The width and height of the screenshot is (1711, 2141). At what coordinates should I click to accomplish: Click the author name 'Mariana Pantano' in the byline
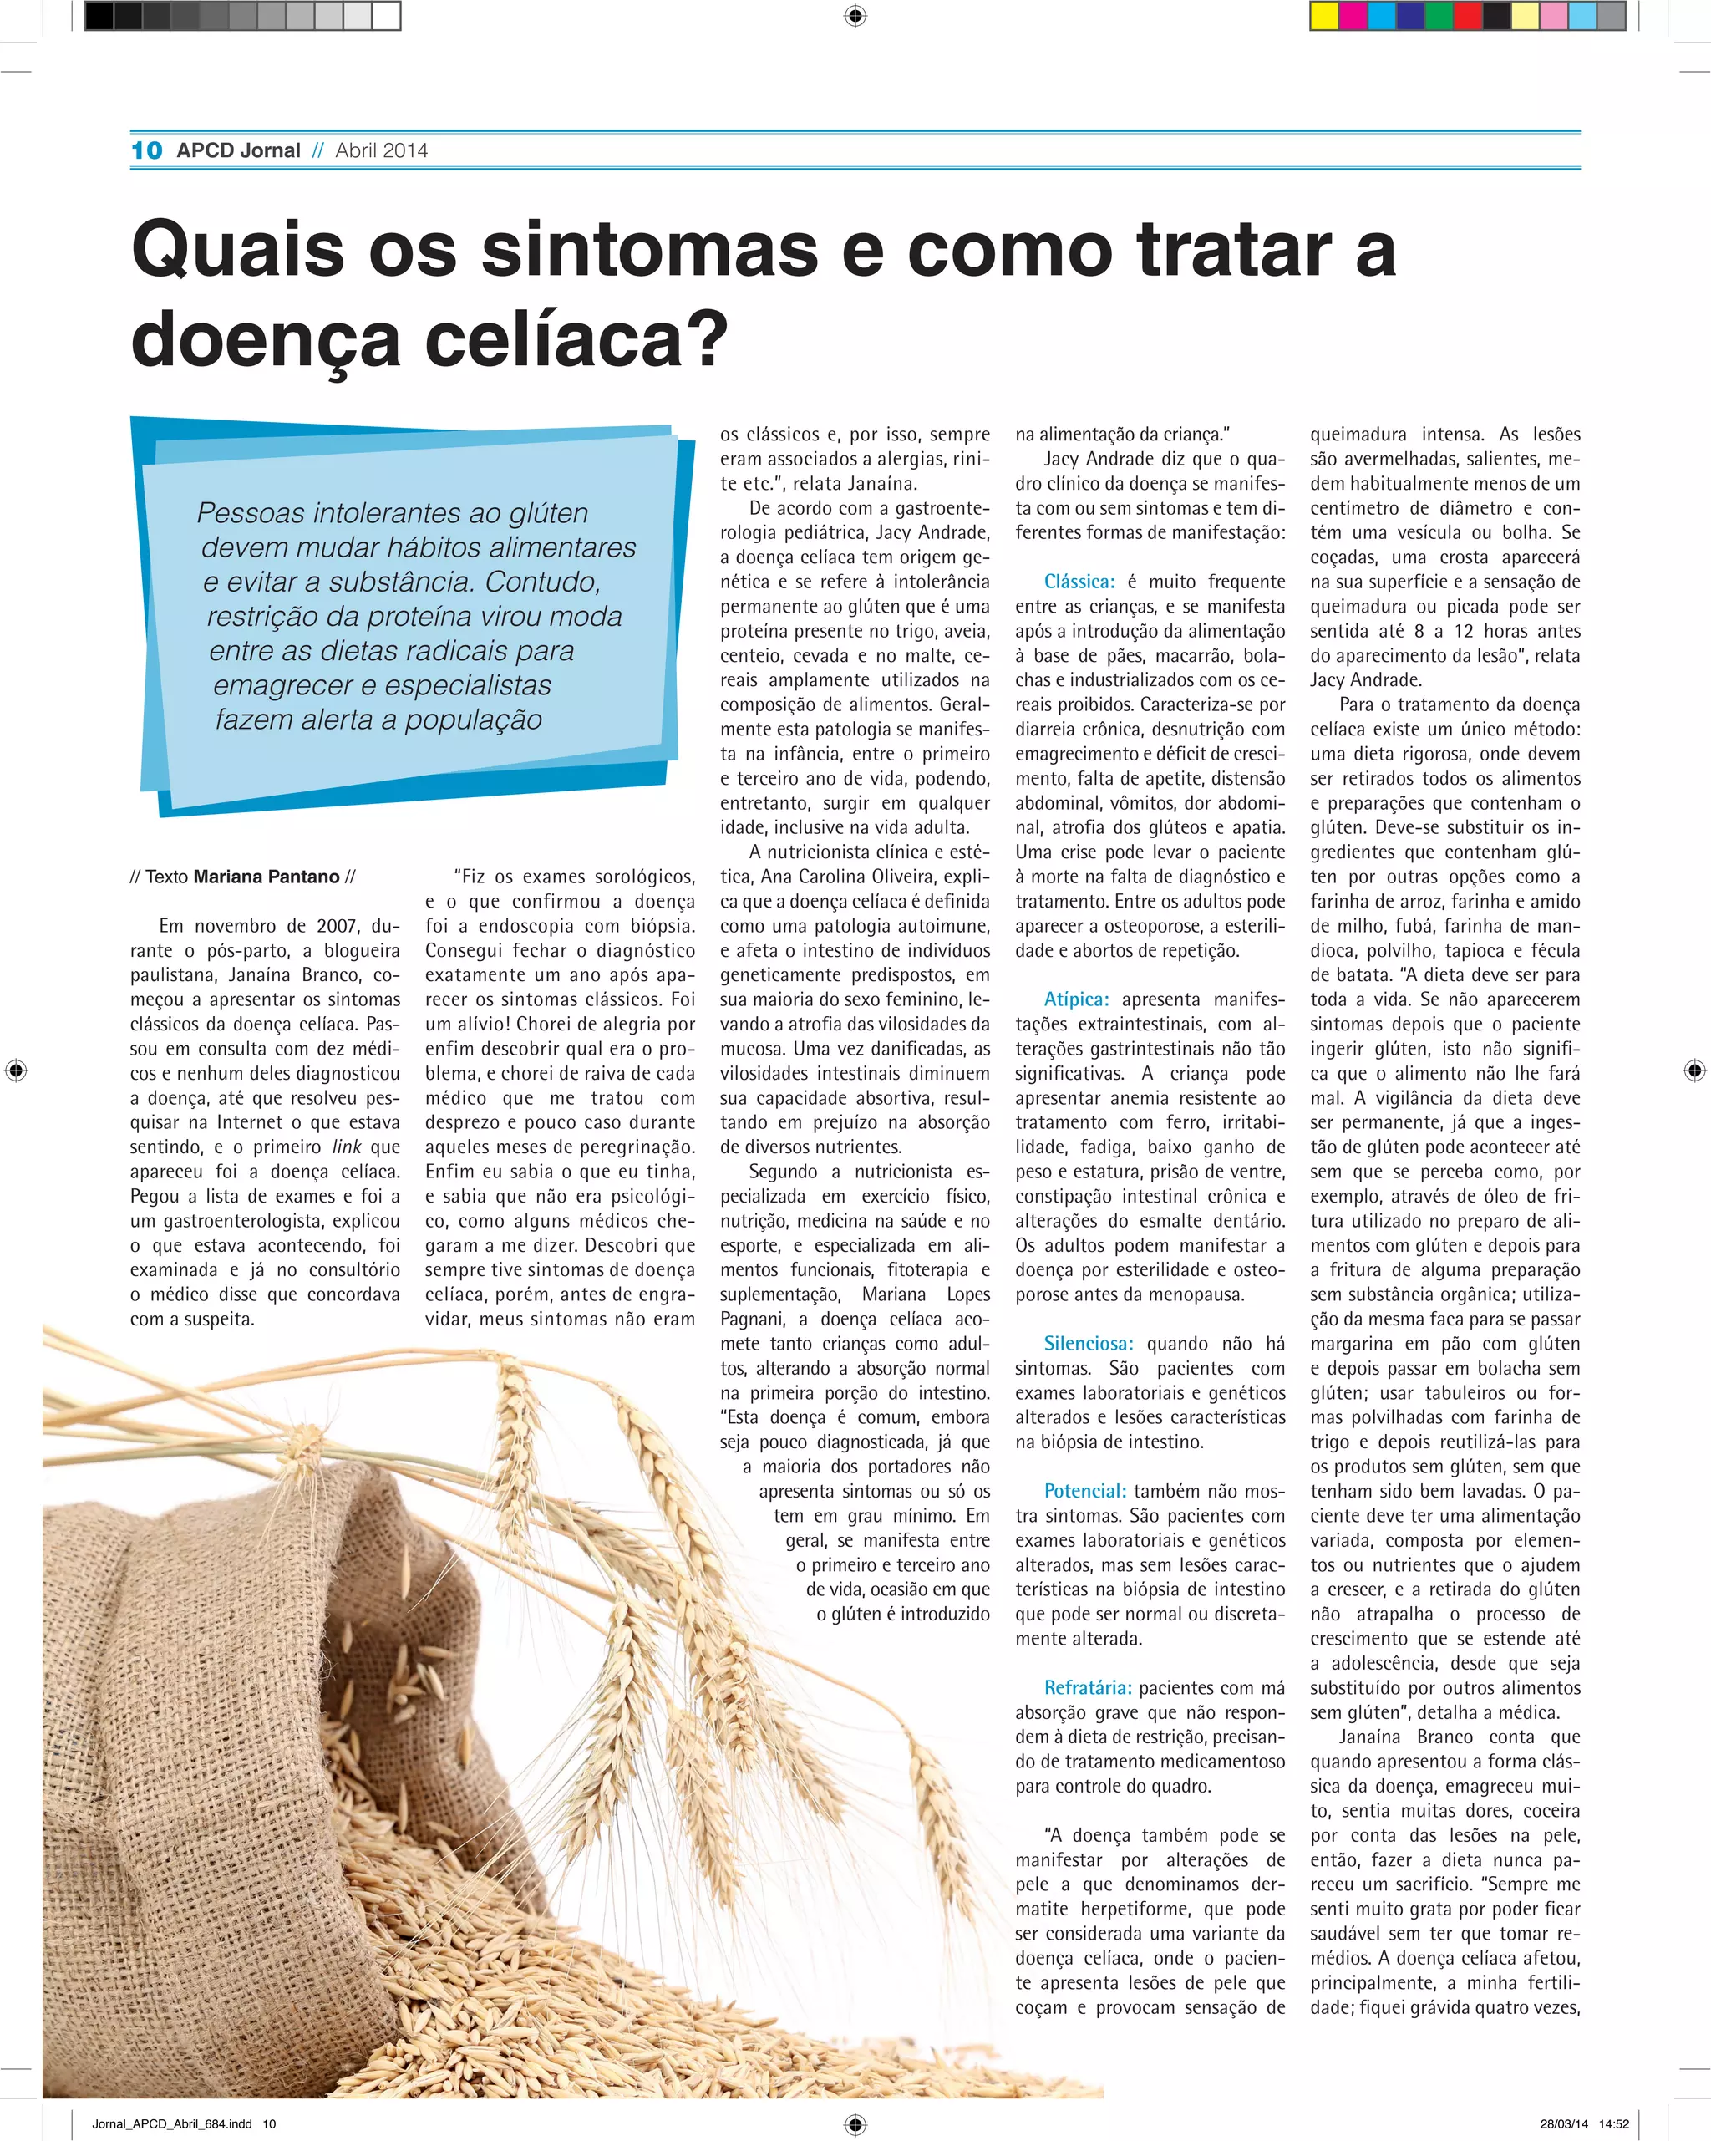pos(267,877)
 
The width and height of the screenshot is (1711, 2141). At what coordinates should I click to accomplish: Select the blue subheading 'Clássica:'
pos(1079,582)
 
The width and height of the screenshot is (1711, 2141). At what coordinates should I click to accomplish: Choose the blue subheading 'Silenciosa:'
pos(1089,1344)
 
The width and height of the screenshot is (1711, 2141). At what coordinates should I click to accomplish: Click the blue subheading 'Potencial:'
pos(1084,1491)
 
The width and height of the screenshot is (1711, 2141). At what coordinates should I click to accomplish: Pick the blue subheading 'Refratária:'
pos(1088,1687)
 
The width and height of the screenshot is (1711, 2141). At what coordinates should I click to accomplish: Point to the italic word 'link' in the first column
pos(347,1147)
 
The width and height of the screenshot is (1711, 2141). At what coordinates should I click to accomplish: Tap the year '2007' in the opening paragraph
pos(337,926)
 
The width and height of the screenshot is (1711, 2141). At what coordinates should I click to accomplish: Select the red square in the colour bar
pos(1468,16)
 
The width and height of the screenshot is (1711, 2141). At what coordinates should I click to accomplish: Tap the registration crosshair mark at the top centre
pos(855,16)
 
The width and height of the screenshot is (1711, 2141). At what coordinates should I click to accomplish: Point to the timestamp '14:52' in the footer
pos(1614,2124)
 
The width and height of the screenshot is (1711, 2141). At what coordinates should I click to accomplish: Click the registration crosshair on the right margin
pos(1694,1070)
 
